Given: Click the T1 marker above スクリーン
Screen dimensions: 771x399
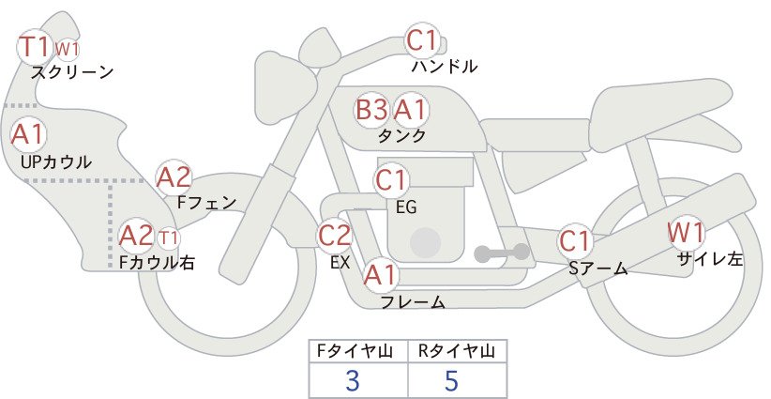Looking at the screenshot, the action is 35,47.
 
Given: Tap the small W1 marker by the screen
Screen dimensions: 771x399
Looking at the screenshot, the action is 67,50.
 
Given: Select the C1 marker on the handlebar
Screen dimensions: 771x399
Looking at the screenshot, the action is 422,39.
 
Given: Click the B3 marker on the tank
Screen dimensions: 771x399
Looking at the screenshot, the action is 371,110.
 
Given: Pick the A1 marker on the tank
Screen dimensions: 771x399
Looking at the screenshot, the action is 410,110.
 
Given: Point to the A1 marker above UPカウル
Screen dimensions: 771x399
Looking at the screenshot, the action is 28,134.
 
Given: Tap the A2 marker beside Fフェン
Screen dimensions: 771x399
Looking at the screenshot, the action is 174,178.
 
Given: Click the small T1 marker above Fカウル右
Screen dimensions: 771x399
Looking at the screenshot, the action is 168,238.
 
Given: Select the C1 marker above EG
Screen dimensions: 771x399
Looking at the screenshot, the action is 391,180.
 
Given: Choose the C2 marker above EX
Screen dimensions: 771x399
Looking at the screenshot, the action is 334,236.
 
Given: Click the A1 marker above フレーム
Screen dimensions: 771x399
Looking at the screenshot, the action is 380,275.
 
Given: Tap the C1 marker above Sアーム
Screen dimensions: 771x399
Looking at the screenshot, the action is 574,241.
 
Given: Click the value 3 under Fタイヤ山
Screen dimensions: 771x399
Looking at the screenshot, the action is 353,380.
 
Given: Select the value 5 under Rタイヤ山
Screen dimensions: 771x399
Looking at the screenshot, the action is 451,380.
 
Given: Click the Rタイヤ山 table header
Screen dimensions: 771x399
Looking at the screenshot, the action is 457,351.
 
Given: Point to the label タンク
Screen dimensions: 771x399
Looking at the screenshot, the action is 401,136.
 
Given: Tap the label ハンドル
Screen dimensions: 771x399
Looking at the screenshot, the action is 445,66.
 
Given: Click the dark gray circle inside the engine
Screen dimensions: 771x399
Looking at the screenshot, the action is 425,243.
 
